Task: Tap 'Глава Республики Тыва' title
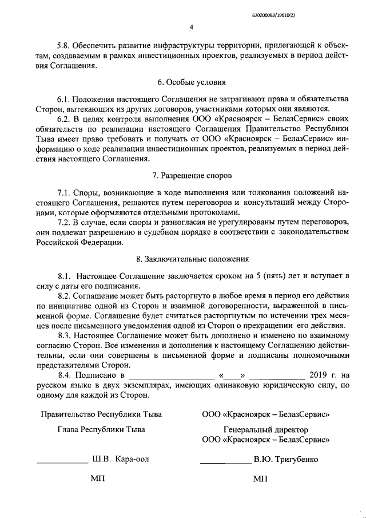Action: click(101, 429)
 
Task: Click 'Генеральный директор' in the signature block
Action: click(265, 429)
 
